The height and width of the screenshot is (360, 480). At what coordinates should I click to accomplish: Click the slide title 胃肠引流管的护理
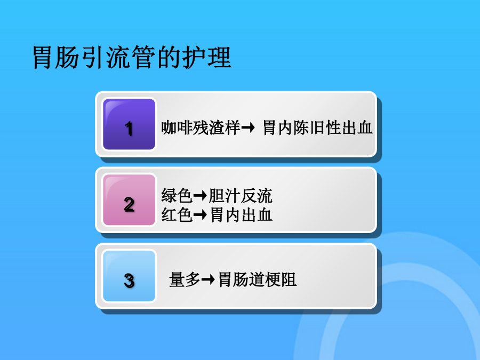click(x=132, y=57)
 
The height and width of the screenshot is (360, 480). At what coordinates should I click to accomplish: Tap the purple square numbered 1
click(x=129, y=124)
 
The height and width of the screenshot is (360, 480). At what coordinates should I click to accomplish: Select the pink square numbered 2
click(x=129, y=200)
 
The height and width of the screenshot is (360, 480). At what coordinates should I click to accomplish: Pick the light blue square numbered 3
click(x=129, y=276)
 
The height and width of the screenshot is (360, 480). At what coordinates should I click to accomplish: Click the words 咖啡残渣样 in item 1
click(x=201, y=127)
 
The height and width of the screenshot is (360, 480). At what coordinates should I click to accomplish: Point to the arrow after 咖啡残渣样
click(x=248, y=127)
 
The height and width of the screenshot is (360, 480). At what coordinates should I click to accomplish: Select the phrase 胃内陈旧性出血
click(x=318, y=127)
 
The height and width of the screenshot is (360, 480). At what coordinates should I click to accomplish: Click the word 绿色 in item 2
click(x=177, y=196)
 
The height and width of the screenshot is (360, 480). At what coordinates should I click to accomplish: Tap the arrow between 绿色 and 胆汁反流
click(x=200, y=196)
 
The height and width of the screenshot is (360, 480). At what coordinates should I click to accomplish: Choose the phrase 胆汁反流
click(x=241, y=196)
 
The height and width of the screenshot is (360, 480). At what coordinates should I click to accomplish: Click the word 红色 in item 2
click(x=177, y=214)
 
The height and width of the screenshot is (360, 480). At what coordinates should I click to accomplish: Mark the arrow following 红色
click(x=200, y=214)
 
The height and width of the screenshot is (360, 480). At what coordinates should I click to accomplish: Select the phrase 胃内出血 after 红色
click(x=241, y=214)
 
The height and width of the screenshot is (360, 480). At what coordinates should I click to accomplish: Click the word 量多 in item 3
click(x=185, y=279)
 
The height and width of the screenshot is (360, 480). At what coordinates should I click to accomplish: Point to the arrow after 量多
click(x=208, y=279)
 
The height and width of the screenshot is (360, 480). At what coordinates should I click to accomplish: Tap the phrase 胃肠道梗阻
click(x=257, y=279)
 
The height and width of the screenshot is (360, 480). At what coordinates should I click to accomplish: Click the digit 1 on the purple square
click(x=129, y=129)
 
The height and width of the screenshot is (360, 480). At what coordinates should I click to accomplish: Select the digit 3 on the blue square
click(x=129, y=281)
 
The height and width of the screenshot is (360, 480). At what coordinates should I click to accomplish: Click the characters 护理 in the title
click(x=207, y=57)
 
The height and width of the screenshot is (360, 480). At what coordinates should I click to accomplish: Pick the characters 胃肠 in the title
click(x=56, y=57)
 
